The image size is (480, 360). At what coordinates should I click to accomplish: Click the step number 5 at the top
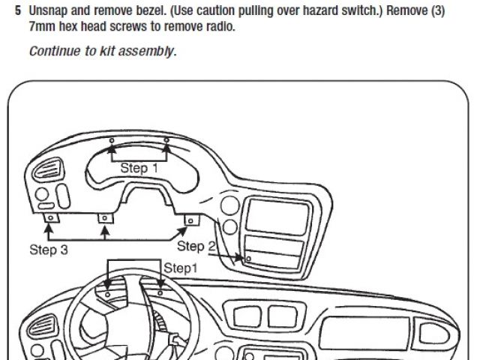tap(17, 13)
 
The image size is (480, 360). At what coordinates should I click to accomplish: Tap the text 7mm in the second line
tap(40, 27)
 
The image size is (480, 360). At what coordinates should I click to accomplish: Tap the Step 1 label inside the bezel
tap(139, 168)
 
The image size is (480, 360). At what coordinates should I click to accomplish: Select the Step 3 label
tap(49, 250)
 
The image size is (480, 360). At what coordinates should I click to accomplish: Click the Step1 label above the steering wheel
tap(181, 268)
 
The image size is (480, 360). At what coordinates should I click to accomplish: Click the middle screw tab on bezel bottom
tap(105, 219)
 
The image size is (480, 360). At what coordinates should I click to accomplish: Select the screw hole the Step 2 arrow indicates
tap(247, 258)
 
